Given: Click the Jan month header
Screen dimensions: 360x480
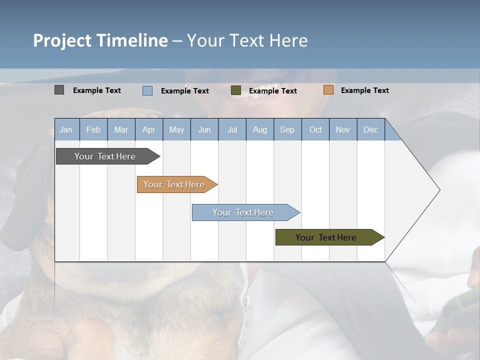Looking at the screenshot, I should click(x=66, y=129).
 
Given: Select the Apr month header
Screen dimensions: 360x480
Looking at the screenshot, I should click(x=148, y=129).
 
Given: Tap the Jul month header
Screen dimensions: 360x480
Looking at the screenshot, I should click(x=232, y=129).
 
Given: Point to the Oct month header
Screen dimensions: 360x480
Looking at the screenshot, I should click(x=315, y=129).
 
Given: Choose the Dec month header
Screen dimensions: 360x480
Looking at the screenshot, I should click(x=370, y=129).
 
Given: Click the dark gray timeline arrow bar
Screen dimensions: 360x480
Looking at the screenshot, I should click(x=105, y=156).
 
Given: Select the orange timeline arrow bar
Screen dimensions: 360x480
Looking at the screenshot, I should click(x=174, y=184).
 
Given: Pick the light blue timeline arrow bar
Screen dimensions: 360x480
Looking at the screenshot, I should click(x=243, y=212).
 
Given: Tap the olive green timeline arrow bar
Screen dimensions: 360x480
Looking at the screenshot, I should click(x=326, y=237).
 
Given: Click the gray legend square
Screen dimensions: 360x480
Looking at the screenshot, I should click(x=59, y=90).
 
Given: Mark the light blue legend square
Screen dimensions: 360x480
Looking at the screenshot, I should click(x=147, y=90).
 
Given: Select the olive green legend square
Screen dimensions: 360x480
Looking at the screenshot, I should click(x=236, y=90).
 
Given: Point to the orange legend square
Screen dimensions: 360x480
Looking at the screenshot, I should click(x=328, y=90).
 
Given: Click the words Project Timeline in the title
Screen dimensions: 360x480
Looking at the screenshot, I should click(x=100, y=40).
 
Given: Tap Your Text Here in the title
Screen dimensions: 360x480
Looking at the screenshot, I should click(x=247, y=40).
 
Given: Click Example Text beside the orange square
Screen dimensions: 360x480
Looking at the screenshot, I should click(x=364, y=90).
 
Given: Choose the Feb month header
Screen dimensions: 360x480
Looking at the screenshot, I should click(x=93, y=129).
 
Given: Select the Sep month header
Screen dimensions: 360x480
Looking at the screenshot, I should click(x=287, y=129).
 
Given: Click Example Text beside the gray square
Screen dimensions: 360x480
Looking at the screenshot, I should click(x=97, y=90).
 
